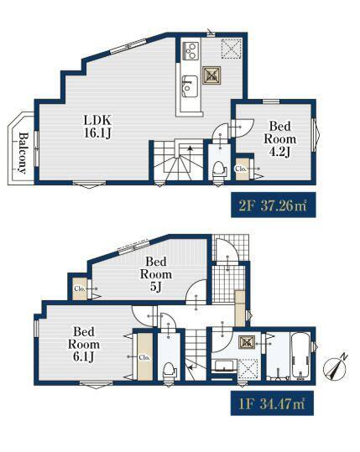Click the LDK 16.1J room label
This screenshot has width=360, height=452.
[98, 127]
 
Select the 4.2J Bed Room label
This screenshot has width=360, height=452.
[279, 139]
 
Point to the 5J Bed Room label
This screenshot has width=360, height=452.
[156, 274]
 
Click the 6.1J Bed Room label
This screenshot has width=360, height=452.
[84, 344]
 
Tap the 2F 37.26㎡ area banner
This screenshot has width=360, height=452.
[274, 205]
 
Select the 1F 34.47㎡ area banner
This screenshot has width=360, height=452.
[272, 403]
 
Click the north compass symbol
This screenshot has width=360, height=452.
[335, 369]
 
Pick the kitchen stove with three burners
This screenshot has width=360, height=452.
[190, 51]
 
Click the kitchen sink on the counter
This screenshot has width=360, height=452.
[190, 86]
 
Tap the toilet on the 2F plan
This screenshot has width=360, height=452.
[219, 170]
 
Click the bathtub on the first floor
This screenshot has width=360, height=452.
[300, 356]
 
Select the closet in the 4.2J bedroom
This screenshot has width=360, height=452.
[242, 169]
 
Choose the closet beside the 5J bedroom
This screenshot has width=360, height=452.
[80, 289]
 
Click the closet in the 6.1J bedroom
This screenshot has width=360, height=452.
[145, 357]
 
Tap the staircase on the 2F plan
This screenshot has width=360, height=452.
[178, 160]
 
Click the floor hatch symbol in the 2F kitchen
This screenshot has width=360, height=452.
[211, 75]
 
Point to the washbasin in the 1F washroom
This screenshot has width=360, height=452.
[225, 366]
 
